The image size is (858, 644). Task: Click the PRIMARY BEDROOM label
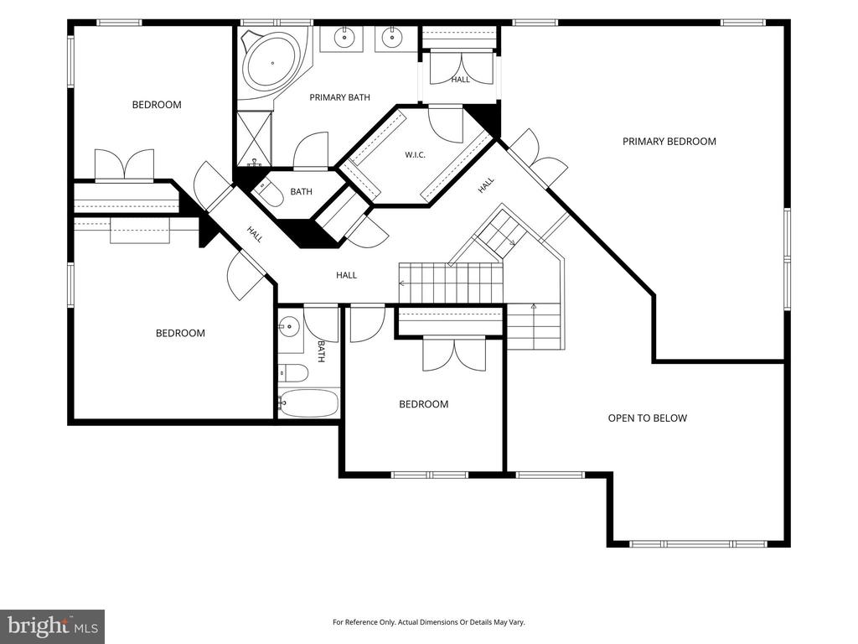point(669,141)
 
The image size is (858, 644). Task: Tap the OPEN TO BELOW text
point(648,418)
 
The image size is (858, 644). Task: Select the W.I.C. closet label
point(415,155)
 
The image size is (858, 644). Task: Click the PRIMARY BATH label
point(340,97)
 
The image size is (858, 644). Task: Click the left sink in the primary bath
point(344,38)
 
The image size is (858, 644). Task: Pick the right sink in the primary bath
point(390,38)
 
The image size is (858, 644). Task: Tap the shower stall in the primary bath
point(255,138)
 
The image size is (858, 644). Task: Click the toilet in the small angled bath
point(268,193)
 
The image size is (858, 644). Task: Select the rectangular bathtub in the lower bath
point(309,403)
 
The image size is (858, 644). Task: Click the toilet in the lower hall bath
point(292,373)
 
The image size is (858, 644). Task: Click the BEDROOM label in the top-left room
point(157,105)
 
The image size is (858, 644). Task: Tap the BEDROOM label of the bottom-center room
point(423,404)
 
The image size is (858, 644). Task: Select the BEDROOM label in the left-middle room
point(181,333)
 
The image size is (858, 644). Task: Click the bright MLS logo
point(53,626)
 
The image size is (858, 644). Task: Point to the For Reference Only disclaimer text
point(429,622)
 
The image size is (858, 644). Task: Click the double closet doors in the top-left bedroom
point(124,165)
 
